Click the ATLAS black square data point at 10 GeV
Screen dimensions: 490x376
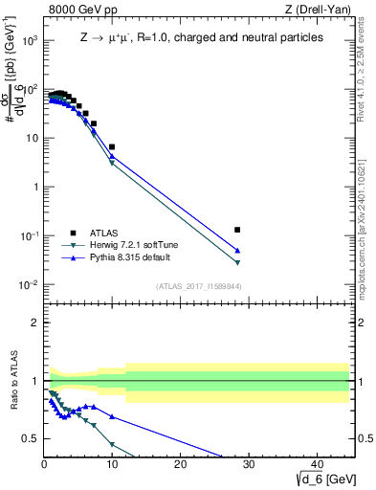[x=112, y=146]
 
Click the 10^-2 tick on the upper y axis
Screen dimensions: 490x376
[x=30, y=285]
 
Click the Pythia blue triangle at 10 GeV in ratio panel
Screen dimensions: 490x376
[x=112, y=416]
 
